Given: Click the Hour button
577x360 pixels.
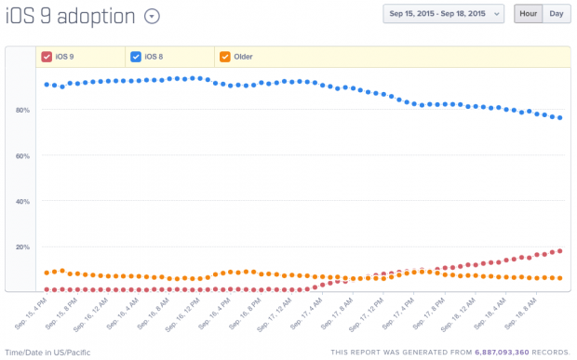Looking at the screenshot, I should click(529, 14).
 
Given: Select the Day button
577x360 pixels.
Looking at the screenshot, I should click(556, 14).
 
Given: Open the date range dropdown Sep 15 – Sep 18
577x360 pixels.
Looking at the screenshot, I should click(443, 14).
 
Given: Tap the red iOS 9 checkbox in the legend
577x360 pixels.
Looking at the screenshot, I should click(46, 57).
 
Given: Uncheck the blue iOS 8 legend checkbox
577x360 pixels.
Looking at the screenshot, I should click(136, 57).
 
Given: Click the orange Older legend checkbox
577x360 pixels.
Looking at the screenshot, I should click(225, 57).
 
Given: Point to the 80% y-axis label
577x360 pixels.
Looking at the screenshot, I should click(23, 110).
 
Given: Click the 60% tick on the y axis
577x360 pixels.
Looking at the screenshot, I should click(23, 155).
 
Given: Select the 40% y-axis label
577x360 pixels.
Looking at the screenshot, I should click(23, 201).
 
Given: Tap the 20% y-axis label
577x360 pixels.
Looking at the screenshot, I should click(23, 247).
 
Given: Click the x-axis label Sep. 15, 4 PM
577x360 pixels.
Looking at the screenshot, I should click(31, 312).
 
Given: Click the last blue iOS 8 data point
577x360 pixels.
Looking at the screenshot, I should click(559, 118).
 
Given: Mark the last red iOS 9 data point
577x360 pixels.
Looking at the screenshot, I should click(559, 250).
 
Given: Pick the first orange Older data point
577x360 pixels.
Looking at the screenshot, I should click(47, 273).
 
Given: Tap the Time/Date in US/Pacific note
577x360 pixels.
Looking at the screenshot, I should click(48, 353).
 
